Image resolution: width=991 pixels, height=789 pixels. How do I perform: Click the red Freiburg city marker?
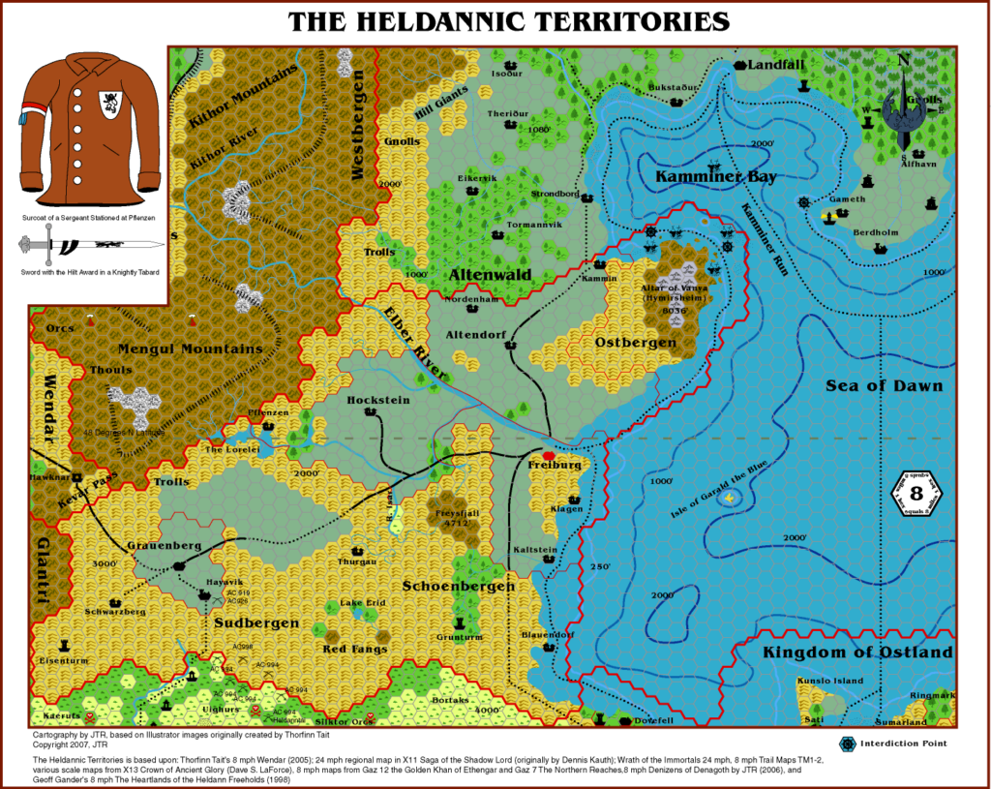click(549, 454)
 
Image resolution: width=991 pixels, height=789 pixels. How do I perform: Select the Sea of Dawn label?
click(884, 386)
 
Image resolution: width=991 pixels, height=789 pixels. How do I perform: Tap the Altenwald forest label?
click(490, 276)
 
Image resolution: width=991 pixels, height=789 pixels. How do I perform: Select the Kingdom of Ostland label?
click(857, 653)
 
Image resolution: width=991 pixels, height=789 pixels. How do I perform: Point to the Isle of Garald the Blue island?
click(727, 497)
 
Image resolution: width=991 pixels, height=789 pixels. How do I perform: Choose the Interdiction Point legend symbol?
click(849, 743)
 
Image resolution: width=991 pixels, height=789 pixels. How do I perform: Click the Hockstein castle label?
click(378, 400)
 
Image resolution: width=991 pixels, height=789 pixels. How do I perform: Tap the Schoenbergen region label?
click(458, 586)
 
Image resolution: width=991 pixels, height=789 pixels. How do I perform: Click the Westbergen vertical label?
click(358, 135)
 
